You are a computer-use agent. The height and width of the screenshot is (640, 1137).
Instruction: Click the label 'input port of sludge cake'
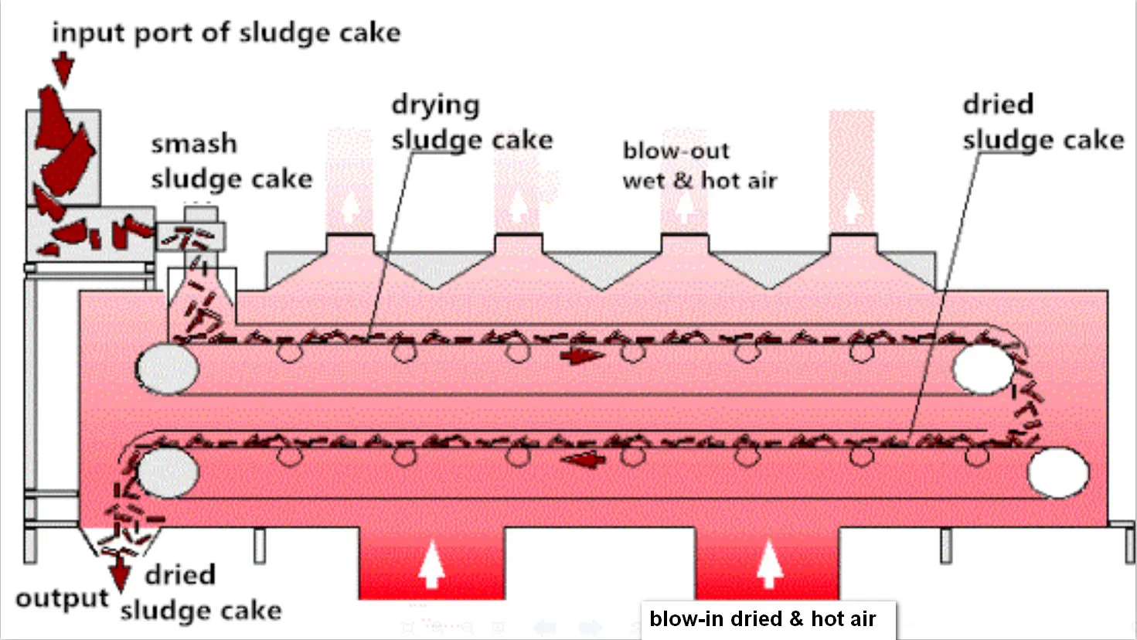click(x=226, y=32)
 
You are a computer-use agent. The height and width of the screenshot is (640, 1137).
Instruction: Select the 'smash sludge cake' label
click(x=231, y=162)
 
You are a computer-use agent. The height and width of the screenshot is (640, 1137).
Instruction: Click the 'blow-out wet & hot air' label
click(x=699, y=165)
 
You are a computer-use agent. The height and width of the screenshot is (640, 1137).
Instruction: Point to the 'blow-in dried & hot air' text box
click(x=763, y=619)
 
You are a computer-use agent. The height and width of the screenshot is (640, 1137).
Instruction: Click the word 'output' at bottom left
click(x=62, y=598)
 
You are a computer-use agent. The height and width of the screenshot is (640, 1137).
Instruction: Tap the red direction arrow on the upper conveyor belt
click(x=582, y=356)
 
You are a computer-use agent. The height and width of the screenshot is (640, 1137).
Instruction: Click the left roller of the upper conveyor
click(x=167, y=369)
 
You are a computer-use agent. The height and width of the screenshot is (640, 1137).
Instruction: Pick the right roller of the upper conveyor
click(x=982, y=369)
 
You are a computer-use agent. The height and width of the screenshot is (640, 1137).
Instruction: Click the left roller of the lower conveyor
click(x=167, y=471)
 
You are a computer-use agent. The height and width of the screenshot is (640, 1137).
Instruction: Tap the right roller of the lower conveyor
click(x=1058, y=471)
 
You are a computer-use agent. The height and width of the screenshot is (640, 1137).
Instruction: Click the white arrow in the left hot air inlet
click(x=431, y=565)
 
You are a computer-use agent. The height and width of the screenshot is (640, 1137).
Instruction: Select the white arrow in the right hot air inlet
click(x=768, y=565)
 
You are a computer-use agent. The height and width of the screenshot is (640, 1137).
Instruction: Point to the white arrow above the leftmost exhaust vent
click(x=350, y=206)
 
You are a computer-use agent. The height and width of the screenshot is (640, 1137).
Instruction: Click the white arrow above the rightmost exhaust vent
click(x=853, y=206)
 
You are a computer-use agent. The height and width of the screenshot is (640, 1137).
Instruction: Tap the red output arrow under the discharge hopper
click(x=120, y=576)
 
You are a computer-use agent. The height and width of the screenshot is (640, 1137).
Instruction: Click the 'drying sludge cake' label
click(x=471, y=122)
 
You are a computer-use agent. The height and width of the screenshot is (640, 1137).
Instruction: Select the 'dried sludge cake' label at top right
click(x=1042, y=122)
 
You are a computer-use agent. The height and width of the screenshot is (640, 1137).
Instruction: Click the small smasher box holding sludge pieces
click(x=190, y=237)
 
